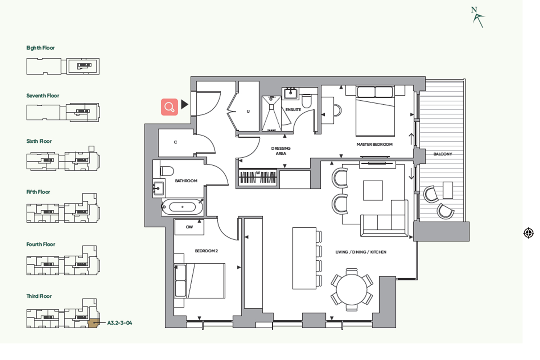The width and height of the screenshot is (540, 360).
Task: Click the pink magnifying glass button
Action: (x=169, y=107)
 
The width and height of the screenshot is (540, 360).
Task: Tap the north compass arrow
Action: (x=478, y=20)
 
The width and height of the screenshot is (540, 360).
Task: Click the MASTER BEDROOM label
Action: (x=374, y=144)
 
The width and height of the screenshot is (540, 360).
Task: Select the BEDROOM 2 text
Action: (x=206, y=251)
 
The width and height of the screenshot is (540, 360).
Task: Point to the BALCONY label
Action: (x=443, y=154)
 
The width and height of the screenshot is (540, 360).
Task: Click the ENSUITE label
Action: (x=293, y=109)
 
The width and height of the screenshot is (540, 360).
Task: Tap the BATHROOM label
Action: (x=186, y=181)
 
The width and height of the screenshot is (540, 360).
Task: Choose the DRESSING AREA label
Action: (x=281, y=151)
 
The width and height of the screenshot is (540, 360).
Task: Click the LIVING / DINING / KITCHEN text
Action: (x=361, y=252)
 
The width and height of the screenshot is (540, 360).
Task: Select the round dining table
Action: (x=352, y=290)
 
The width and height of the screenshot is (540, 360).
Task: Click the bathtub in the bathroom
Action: (x=182, y=207)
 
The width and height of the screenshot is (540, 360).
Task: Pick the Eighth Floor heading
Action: (x=41, y=48)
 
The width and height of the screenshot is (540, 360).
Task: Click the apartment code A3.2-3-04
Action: (x=120, y=323)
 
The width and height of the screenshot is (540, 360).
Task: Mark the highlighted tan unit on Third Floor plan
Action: (x=93, y=323)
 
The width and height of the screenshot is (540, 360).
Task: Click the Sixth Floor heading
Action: (x=39, y=141)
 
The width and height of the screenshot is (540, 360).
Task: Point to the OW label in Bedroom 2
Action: (x=189, y=227)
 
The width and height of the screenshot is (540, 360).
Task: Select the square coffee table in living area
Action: (x=373, y=191)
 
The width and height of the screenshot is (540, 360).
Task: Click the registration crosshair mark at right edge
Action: (x=528, y=233)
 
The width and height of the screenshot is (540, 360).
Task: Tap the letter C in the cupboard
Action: (x=175, y=142)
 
